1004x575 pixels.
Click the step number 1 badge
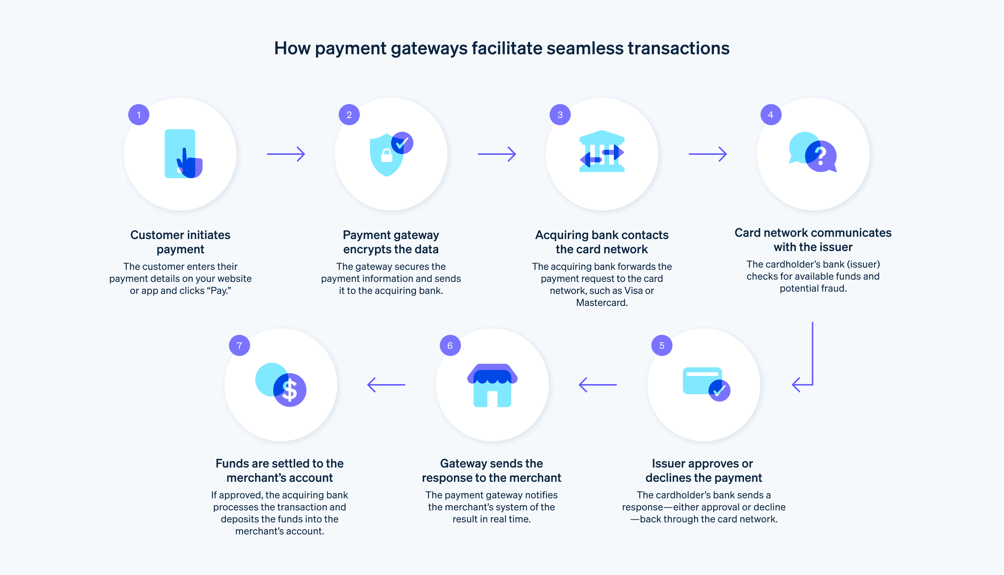(x=139, y=115)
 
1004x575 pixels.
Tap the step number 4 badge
(x=771, y=115)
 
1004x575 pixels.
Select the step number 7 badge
(x=239, y=345)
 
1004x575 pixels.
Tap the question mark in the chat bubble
(x=820, y=156)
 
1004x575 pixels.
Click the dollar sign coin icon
(x=290, y=390)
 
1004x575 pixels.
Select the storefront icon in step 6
(x=492, y=385)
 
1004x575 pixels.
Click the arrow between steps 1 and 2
(x=286, y=154)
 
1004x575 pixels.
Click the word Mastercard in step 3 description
(x=601, y=303)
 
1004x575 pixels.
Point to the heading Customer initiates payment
(x=180, y=242)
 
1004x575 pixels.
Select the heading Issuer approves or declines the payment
(x=703, y=471)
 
